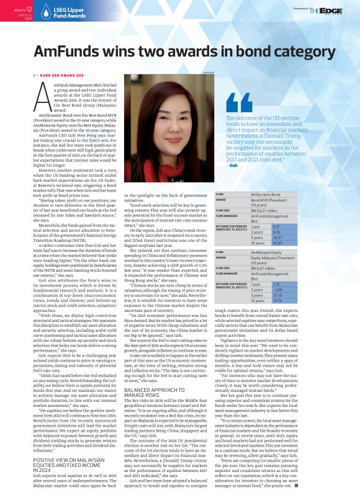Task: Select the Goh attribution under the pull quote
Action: coord(233,166)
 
